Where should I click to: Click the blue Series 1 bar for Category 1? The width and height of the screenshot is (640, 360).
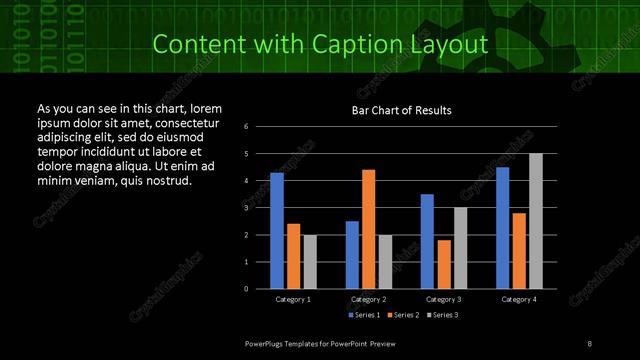pyautogui.click(x=277, y=231)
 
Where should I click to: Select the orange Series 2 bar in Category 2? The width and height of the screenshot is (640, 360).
pyautogui.click(x=368, y=229)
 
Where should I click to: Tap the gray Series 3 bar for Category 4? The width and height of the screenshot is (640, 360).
pyautogui.click(x=535, y=221)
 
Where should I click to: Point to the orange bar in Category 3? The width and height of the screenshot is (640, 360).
pyautogui.click(x=443, y=264)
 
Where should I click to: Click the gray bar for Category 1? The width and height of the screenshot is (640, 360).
pyautogui.click(x=309, y=262)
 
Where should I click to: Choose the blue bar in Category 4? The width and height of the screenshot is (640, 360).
pyautogui.click(x=502, y=228)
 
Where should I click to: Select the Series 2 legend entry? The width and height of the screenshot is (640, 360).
pyautogui.click(x=401, y=315)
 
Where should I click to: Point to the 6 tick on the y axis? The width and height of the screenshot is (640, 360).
pyautogui.click(x=260, y=127)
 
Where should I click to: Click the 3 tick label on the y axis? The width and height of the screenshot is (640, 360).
pyautogui.click(x=260, y=208)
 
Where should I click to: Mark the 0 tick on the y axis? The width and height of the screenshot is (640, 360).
pyautogui.click(x=260, y=288)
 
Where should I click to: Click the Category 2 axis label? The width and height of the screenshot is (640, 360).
pyautogui.click(x=368, y=299)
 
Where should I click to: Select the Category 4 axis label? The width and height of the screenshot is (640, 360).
pyautogui.click(x=518, y=299)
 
